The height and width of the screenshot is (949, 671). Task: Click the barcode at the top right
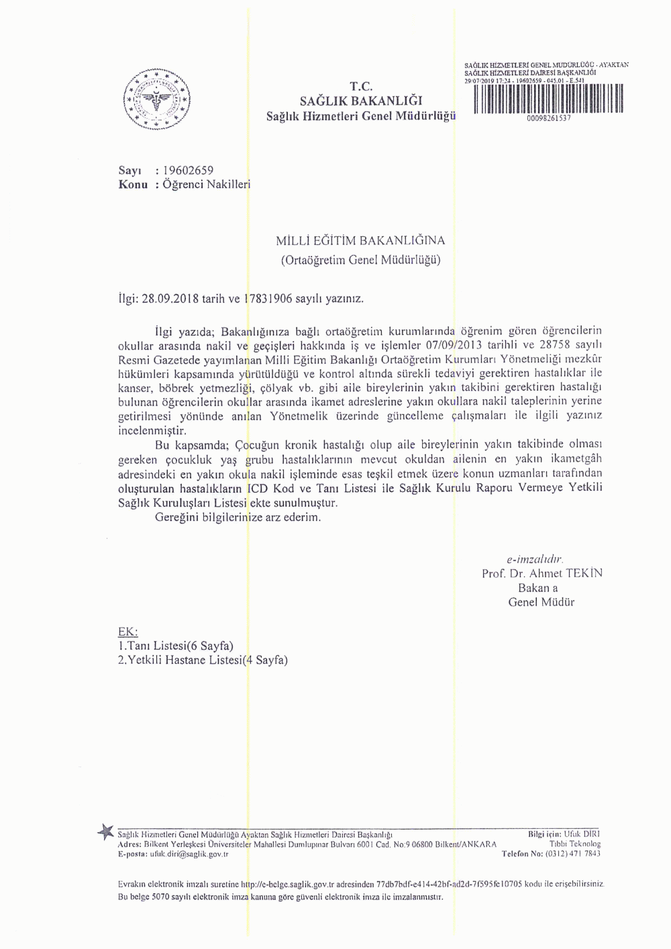click(548, 99)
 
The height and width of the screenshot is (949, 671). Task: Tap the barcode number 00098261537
click(549, 117)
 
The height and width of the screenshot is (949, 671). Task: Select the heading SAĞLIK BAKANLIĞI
click(361, 101)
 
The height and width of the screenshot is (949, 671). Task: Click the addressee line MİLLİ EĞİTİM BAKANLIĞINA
click(361, 240)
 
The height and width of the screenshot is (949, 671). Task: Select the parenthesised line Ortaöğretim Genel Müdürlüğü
click(361, 260)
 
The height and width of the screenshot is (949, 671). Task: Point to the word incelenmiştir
click(152, 431)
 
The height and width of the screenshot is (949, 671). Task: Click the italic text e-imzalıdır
click(535, 558)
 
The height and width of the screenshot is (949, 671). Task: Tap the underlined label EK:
click(127, 632)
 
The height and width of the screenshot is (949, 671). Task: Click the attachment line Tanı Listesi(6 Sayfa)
click(176, 646)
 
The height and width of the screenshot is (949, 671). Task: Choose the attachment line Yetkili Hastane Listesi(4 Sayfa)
click(203, 660)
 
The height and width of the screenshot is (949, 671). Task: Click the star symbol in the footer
click(105, 833)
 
